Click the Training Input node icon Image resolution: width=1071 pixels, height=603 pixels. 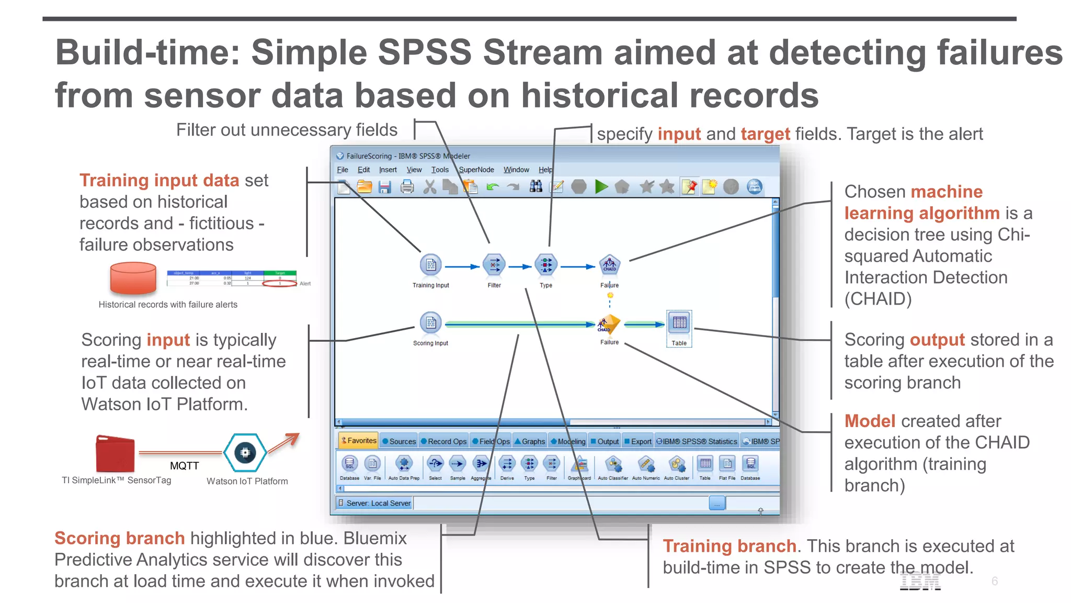tap(430, 265)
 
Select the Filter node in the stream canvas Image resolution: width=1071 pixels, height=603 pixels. tap(494, 265)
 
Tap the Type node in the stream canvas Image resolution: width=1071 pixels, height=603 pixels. tap(546, 265)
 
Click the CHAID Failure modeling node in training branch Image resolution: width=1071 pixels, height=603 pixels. tap(610, 265)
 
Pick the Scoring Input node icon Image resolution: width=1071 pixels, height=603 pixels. tap(430, 323)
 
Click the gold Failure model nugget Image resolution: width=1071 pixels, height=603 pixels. tap(609, 325)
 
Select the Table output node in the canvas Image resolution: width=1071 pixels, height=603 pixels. tap(679, 323)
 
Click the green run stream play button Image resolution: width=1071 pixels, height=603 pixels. tap(601, 187)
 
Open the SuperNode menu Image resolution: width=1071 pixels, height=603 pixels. tap(476, 170)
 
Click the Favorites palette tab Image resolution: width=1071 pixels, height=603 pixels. tap(359, 441)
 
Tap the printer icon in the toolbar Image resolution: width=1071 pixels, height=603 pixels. tap(407, 187)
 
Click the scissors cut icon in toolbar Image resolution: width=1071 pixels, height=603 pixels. tap(429, 187)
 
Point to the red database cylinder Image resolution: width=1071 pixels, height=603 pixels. tap(133, 278)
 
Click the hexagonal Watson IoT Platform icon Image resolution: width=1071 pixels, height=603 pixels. tap(245, 452)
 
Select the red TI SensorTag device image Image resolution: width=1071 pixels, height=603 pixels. tap(115, 453)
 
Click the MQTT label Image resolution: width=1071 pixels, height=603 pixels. tap(184, 466)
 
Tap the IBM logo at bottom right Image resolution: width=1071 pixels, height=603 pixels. tap(920, 582)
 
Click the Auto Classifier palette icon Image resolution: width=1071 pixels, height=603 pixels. tap(613, 465)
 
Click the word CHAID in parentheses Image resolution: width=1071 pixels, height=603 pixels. tap(878, 299)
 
